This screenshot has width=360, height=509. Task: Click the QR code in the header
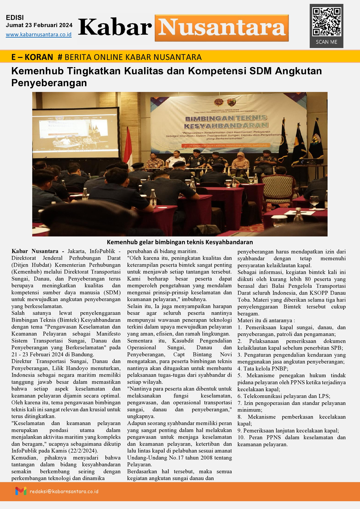327,22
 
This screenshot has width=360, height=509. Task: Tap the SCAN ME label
326,42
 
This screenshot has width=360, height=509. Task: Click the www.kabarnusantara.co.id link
39,35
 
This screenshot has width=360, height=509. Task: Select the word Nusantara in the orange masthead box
221,28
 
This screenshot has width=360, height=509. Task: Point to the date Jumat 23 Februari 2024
39,25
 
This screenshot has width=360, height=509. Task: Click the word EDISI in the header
15,18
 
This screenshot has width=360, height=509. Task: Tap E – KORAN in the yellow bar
32,57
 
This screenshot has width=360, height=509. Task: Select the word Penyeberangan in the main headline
49,83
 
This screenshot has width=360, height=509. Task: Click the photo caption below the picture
180,242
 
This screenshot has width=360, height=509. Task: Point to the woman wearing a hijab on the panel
240,161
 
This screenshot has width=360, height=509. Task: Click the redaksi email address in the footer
64,491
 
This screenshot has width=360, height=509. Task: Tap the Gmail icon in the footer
21,491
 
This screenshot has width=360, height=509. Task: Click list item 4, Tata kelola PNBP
263,369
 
